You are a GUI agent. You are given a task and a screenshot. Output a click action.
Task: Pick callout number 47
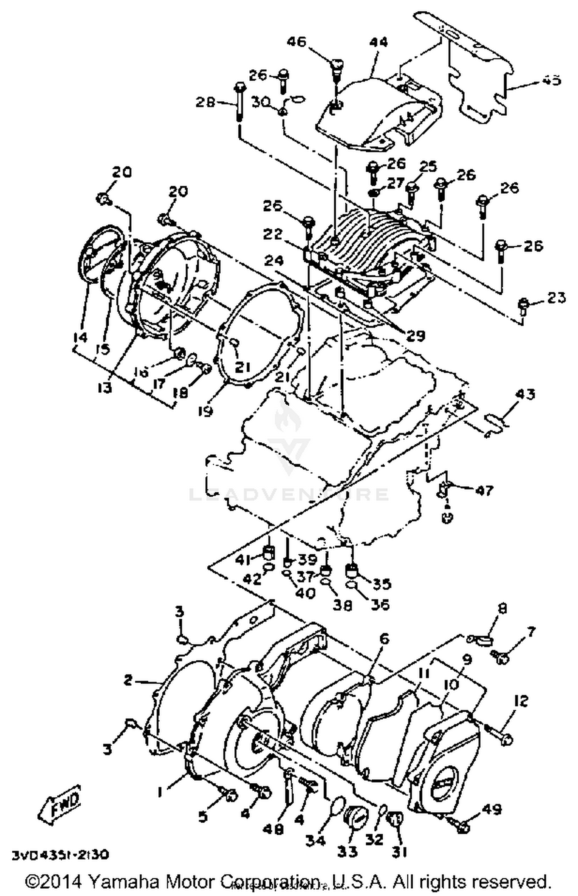(x=484, y=490)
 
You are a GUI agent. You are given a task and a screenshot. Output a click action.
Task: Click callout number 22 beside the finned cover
(x=273, y=234)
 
